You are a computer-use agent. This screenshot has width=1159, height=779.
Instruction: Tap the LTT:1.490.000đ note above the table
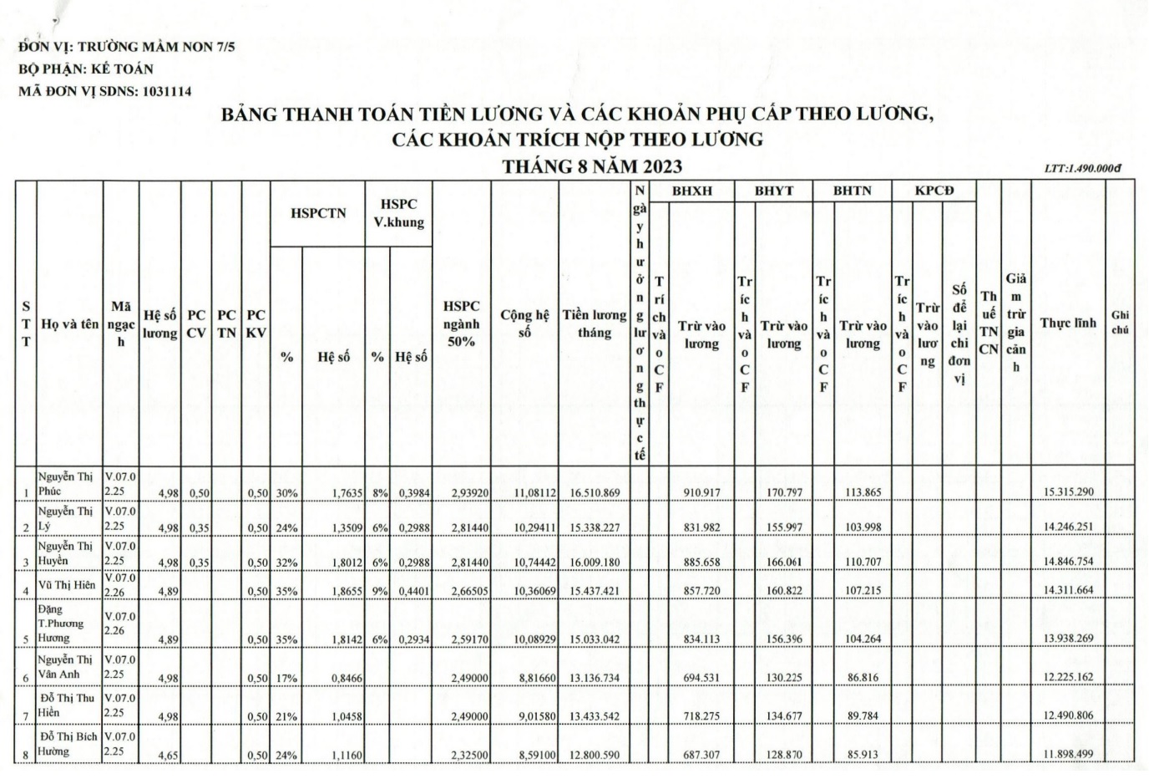[1082, 168]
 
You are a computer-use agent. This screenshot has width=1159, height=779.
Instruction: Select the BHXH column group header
[692, 191]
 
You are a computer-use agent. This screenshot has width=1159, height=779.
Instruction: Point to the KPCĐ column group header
[934, 191]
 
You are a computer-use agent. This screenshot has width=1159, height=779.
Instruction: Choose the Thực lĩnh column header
[1068, 323]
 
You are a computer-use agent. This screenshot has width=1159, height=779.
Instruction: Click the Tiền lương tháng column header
[594, 323]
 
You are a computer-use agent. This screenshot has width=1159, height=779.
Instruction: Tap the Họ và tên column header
[69, 324]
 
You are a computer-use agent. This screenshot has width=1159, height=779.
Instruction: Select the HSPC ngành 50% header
[461, 323]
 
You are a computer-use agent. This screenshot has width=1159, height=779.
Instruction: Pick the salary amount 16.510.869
[595, 492]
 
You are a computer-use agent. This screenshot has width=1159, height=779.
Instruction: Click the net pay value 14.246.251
[1068, 528]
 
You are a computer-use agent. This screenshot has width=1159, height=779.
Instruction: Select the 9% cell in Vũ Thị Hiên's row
[377, 591]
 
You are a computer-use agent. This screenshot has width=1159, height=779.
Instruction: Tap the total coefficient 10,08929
[524, 639]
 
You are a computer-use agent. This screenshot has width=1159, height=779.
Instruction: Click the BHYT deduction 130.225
[783, 677]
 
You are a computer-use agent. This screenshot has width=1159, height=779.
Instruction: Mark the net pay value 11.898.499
[1068, 755]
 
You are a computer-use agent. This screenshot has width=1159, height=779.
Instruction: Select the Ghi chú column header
[1120, 322]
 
